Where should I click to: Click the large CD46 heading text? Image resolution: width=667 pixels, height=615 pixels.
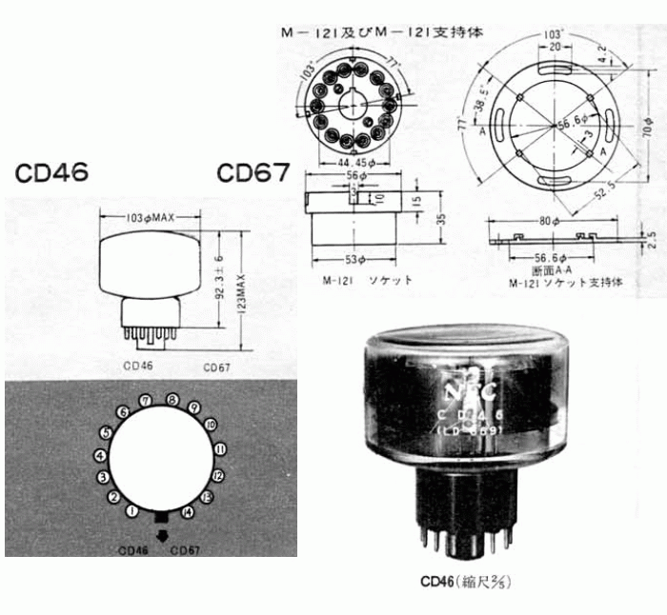tap(51, 173)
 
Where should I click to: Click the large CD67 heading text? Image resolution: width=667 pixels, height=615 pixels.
tap(253, 173)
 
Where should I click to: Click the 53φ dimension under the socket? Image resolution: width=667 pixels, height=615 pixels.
tap(353, 258)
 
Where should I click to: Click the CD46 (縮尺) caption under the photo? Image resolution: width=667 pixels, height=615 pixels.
tap(466, 580)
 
